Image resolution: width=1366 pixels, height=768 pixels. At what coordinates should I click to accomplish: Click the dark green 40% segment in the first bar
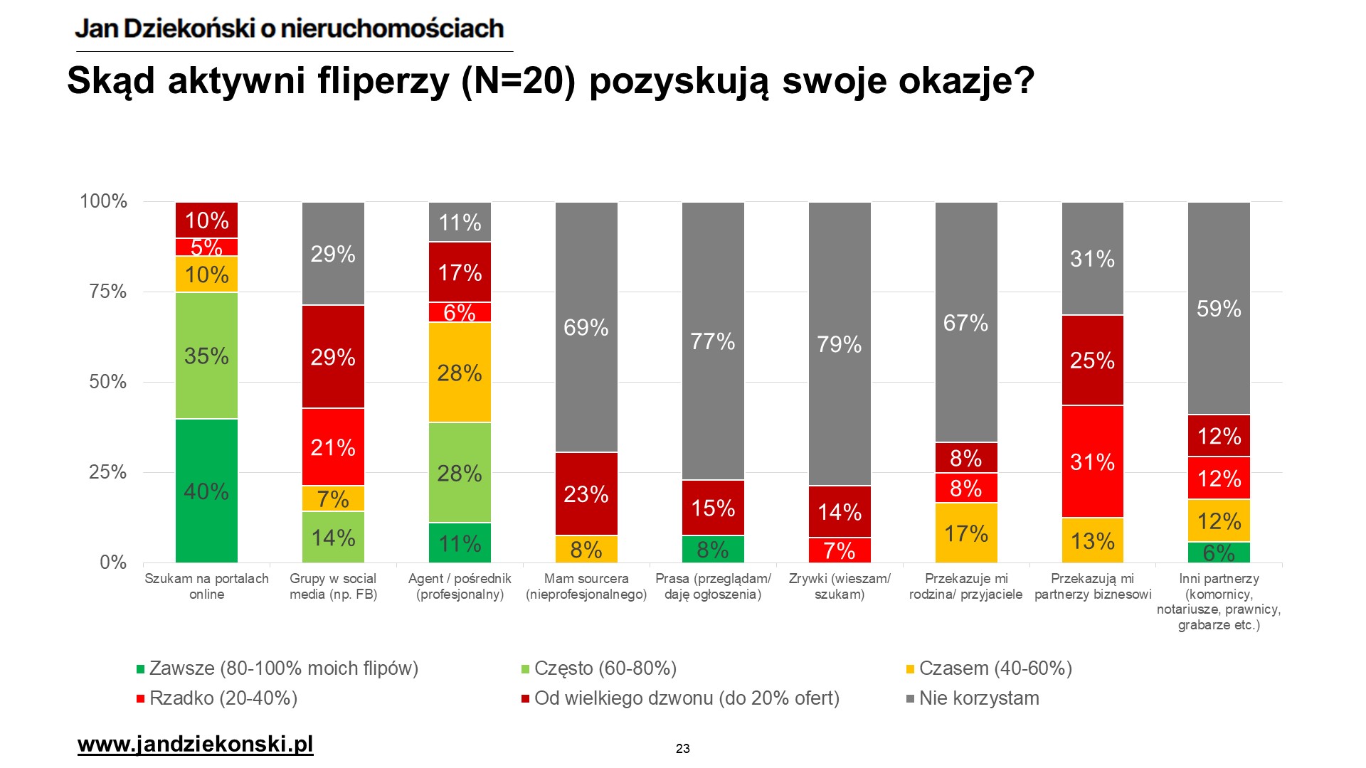(x=206, y=491)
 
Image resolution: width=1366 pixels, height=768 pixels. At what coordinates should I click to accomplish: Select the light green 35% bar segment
(x=206, y=356)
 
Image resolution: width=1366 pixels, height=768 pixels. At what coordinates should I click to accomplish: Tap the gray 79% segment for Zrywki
(x=840, y=344)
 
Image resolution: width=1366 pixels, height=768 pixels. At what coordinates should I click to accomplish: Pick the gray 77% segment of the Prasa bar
(x=713, y=341)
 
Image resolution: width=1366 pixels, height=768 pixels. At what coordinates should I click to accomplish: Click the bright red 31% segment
(x=1093, y=462)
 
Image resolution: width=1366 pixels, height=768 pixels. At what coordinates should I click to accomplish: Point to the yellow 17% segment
(x=966, y=533)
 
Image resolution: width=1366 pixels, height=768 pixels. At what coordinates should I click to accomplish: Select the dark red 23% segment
(x=586, y=494)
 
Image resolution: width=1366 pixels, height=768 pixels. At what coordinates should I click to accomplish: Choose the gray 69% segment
(x=586, y=327)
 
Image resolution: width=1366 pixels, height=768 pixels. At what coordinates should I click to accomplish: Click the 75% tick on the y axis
(x=108, y=292)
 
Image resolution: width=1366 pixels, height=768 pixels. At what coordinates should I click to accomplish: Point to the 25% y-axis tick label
(x=108, y=472)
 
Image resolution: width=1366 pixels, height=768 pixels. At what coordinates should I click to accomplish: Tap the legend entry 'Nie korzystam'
(x=978, y=698)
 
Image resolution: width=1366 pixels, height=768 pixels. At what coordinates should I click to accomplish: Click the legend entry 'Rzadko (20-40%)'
(x=223, y=698)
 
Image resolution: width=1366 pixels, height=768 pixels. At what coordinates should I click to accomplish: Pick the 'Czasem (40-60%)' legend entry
(x=995, y=668)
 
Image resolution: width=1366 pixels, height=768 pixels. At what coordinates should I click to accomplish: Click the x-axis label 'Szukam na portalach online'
(x=206, y=586)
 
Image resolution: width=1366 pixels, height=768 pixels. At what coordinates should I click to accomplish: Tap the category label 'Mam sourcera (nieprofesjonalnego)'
(x=586, y=586)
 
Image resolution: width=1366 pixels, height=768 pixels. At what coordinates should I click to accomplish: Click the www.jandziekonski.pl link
(x=195, y=745)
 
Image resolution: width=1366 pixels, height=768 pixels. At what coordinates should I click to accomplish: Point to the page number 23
(x=683, y=749)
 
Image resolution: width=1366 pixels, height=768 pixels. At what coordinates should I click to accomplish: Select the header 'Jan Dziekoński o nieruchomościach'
(x=290, y=28)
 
